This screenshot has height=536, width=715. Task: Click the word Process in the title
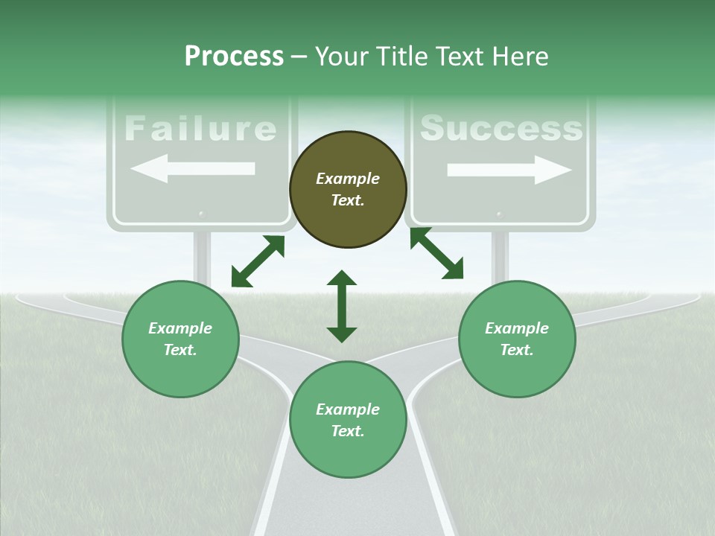coord(234,57)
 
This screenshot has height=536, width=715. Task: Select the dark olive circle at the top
coord(348,190)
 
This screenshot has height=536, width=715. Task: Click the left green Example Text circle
coord(180,339)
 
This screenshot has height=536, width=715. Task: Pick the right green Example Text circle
coord(517,339)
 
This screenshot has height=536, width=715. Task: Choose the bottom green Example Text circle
coord(348,420)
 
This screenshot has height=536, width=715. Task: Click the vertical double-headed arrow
coord(342,306)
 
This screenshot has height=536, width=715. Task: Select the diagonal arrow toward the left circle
coord(258,261)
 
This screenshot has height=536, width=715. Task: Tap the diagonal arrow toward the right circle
coord(437,253)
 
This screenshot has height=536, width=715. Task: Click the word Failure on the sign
coord(200,128)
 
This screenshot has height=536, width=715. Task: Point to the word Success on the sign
coord(501,128)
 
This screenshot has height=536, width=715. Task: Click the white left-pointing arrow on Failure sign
coord(193,169)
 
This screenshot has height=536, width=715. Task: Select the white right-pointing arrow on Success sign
coord(509,170)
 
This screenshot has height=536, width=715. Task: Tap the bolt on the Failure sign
coord(201,214)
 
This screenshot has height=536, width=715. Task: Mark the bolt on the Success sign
coord(498,214)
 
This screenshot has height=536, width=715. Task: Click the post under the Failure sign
coord(202,257)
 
